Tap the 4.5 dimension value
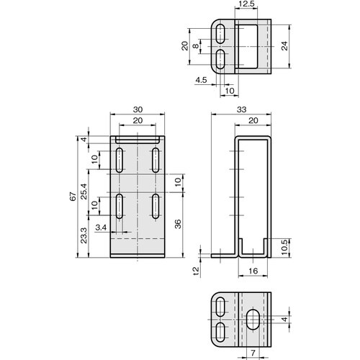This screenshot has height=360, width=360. (202, 81)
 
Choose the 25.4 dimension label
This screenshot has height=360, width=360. (84, 195)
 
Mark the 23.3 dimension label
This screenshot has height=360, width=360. (84, 235)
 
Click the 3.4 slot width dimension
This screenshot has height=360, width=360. (101, 228)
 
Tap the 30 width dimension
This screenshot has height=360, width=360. (137, 109)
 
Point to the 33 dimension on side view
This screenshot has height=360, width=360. (241, 109)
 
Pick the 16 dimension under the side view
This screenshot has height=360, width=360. (253, 271)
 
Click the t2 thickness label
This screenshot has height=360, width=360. (196, 271)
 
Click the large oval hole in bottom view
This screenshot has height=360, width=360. (253, 320)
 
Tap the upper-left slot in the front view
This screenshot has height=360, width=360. (118, 158)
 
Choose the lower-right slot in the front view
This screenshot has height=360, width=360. (155, 206)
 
